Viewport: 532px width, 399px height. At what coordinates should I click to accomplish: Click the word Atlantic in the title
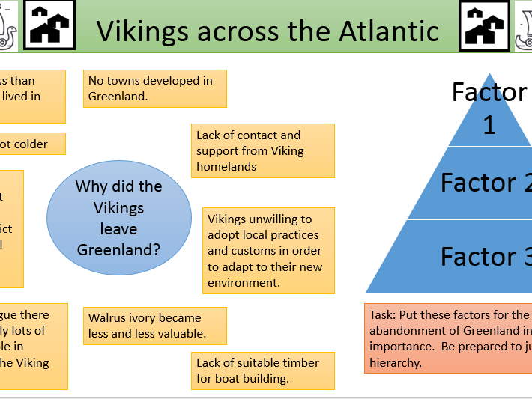click(386, 31)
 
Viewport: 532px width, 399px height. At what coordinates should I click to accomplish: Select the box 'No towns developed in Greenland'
click(155, 88)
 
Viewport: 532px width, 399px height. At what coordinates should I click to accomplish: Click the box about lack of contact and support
click(262, 150)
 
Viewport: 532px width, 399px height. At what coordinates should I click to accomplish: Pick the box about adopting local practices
click(267, 251)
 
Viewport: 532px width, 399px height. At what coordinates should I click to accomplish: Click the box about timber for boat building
click(262, 370)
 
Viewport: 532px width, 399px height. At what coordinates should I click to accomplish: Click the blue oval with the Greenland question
click(119, 218)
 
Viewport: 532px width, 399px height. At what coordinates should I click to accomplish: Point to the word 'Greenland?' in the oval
click(119, 249)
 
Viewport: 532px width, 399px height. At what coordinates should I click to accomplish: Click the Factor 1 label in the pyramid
click(489, 108)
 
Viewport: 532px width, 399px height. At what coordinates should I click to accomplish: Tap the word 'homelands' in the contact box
click(226, 166)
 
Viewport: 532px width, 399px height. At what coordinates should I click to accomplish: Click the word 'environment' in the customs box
click(244, 282)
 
